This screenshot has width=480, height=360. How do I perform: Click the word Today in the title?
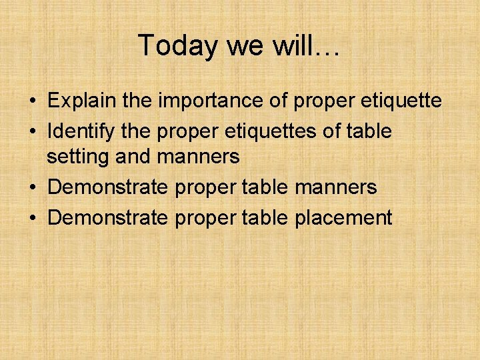(x=177, y=46)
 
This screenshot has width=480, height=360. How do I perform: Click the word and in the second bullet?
(x=133, y=157)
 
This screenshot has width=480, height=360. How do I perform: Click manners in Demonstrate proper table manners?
(x=335, y=187)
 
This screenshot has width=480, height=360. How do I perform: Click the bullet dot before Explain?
(x=32, y=102)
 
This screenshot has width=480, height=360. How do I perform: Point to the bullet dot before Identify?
(x=32, y=132)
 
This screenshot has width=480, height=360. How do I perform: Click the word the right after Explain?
(x=137, y=101)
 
